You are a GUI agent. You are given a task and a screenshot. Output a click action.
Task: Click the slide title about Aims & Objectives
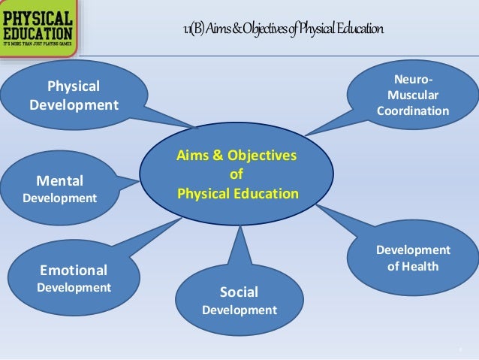click(283, 30)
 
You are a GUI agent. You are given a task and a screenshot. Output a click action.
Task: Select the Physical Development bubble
click(74, 95)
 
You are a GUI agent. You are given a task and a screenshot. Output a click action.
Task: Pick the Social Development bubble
click(239, 301)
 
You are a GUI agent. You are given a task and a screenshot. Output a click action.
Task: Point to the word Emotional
click(74, 270)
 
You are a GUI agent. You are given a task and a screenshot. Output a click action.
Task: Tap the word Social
click(239, 292)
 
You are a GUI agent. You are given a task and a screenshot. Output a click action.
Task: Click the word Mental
click(60, 180)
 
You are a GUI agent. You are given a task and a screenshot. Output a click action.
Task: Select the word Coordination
click(413, 111)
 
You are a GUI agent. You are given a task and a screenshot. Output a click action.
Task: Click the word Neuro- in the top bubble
click(413, 80)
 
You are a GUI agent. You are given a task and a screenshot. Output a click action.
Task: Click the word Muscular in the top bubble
click(413, 95)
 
